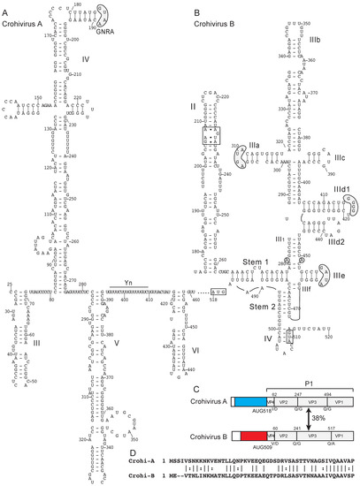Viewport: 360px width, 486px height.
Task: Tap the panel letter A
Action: coord(5,5)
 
